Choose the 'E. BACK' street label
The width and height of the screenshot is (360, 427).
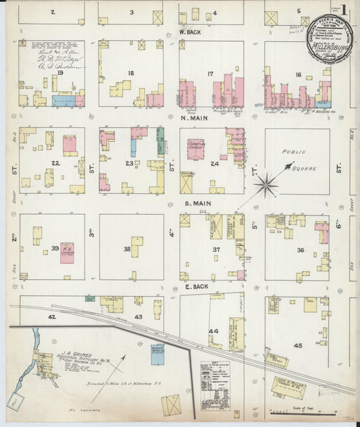(195, 287)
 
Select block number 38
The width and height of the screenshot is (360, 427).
(126, 249)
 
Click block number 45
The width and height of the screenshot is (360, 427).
(298, 346)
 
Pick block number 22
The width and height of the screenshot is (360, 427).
(55, 163)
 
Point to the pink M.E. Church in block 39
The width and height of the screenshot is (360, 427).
(67, 252)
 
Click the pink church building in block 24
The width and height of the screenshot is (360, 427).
(196, 149)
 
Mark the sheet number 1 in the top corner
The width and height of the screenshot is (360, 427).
(344, 10)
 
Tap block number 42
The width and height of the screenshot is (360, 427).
(51, 316)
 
